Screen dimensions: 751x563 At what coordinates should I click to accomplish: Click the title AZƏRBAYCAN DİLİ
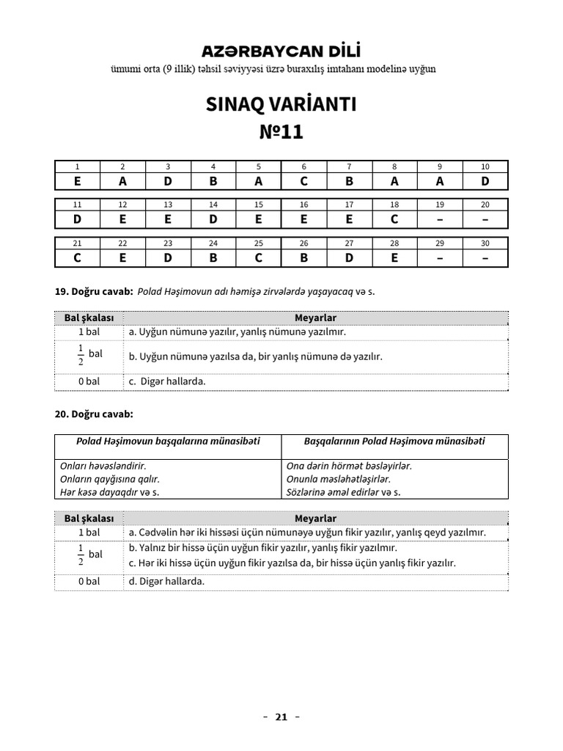coord(281,51)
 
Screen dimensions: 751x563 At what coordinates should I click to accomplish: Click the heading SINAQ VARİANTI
coord(281,104)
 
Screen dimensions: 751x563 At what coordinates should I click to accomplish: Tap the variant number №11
coord(281,132)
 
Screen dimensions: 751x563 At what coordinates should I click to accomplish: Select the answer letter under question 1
coord(78,181)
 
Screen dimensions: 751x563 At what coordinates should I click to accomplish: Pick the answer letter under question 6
coord(304,181)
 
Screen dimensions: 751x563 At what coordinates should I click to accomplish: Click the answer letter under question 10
coord(485,181)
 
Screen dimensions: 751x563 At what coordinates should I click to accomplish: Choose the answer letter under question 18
coord(394,219)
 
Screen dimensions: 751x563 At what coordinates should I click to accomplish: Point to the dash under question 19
coord(440,219)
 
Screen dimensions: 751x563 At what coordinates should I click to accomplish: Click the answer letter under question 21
coord(78,257)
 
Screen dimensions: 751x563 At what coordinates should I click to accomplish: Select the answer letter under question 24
coord(213,257)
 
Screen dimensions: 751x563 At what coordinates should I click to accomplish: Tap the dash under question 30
coord(485,257)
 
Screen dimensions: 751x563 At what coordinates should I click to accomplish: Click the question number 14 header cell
coord(213,205)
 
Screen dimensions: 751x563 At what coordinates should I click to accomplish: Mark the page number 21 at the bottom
coord(281,717)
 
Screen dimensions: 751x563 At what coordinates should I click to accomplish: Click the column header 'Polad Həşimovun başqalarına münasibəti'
coord(168,442)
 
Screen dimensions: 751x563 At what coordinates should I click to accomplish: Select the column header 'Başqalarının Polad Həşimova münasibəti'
coord(394,442)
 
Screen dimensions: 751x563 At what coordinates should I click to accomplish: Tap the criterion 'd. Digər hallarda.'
coord(166,581)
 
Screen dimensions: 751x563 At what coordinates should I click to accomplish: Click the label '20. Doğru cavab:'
coord(94,414)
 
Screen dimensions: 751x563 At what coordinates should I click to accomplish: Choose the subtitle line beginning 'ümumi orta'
coord(273,69)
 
